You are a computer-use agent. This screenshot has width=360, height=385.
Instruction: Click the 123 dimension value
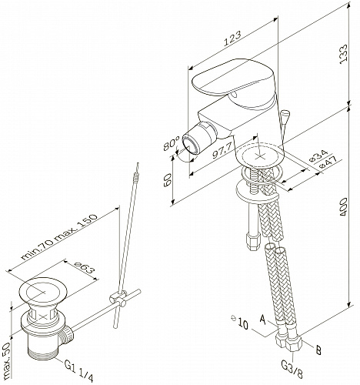(x=232, y=38)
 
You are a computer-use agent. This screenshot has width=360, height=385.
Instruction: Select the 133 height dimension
(x=343, y=55)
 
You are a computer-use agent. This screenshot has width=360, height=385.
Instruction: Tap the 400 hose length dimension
(x=343, y=206)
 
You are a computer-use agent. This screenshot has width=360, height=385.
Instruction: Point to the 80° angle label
(x=172, y=144)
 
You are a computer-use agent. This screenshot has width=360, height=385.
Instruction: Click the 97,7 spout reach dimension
(x=222, y=151)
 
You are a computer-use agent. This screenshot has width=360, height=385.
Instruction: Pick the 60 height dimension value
(x=168, y=180)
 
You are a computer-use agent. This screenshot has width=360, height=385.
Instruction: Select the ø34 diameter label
(x=318, y=156)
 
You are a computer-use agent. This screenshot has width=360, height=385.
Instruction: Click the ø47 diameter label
(x=328, y=162)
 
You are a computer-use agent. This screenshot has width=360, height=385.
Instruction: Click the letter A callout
(x=262, y=319)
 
